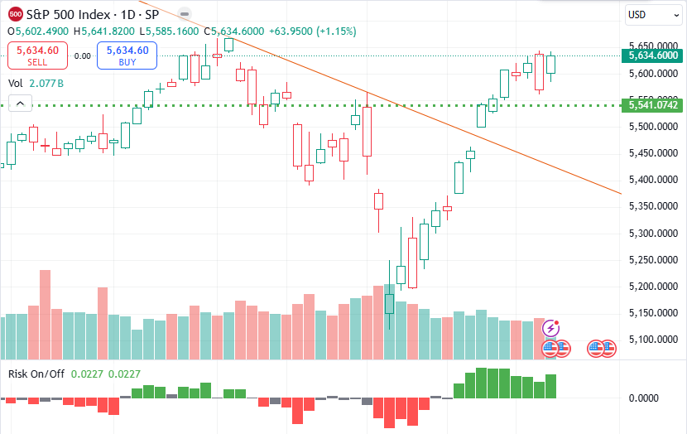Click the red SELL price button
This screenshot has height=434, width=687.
click(x=37, y=55)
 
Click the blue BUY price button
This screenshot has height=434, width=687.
click(x=127, y=55)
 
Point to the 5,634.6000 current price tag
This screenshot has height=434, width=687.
click(x=653, y=55)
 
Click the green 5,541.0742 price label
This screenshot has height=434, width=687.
click(x=653, y=105)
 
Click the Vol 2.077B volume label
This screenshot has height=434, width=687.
click(x=36, y=84)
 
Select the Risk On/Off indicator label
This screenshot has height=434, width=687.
click(x=36, y=374)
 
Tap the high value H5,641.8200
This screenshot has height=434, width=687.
click(x=104, y=31)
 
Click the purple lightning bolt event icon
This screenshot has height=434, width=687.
click(x=551, y=328)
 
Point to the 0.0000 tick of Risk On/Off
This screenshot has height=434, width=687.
click(x=643, y=398)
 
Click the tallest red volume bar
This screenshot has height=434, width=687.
click(x=46, y=315)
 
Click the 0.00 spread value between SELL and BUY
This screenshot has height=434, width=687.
click(x=82, y=56)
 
